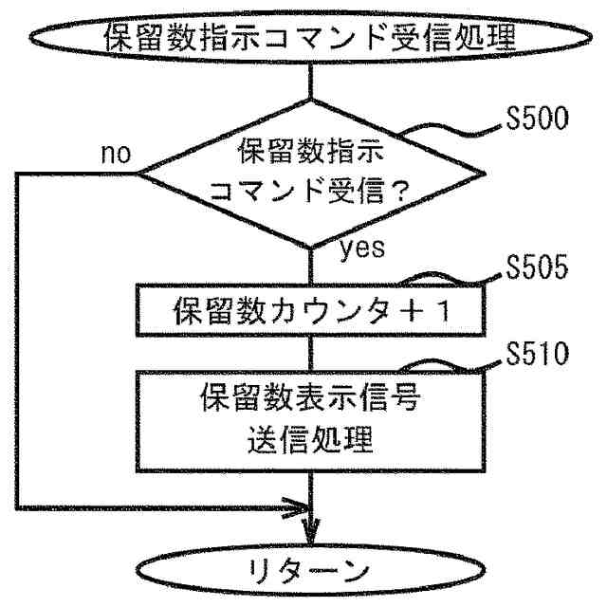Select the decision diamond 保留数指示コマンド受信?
pos(312,173)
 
